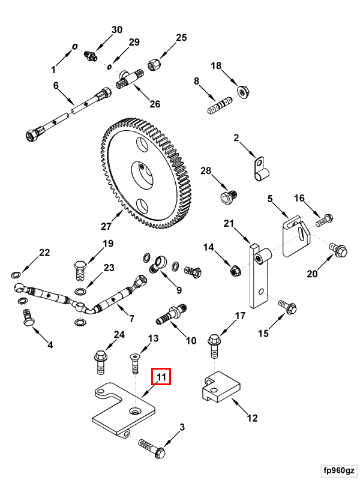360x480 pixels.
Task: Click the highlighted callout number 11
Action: (x=161, y=376)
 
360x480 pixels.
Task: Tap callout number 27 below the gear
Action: (x=106, y=226)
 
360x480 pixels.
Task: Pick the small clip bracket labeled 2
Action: (x=259, y=169)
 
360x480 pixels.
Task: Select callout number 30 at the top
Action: (x=116, y=30)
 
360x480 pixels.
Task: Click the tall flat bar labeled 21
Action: (x=257, y=276)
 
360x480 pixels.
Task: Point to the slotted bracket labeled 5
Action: (x=294, y=238)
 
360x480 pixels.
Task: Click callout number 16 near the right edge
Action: (x=299, y=198)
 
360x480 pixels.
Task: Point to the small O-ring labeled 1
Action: (x=76, y=46)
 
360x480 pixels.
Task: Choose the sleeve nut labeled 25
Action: (x=155, y=63)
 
